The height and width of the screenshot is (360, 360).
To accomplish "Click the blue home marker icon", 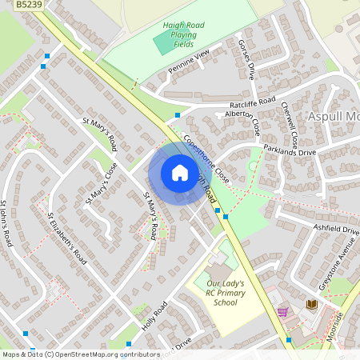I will tap(179, 172).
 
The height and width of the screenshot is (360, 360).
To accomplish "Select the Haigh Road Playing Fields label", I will tap(183, 35).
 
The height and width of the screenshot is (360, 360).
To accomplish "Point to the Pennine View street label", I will tap(188, 62).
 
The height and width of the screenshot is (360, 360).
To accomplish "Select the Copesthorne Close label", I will tap(206, 158).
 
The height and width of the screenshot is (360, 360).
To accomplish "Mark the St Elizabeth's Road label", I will tap(66, 238).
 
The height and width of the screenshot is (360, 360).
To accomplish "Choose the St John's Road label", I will tap(7, 223).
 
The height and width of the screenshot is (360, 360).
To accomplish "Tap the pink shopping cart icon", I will tap(282, 311).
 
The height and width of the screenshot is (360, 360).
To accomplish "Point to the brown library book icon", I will tap(311, 305).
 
